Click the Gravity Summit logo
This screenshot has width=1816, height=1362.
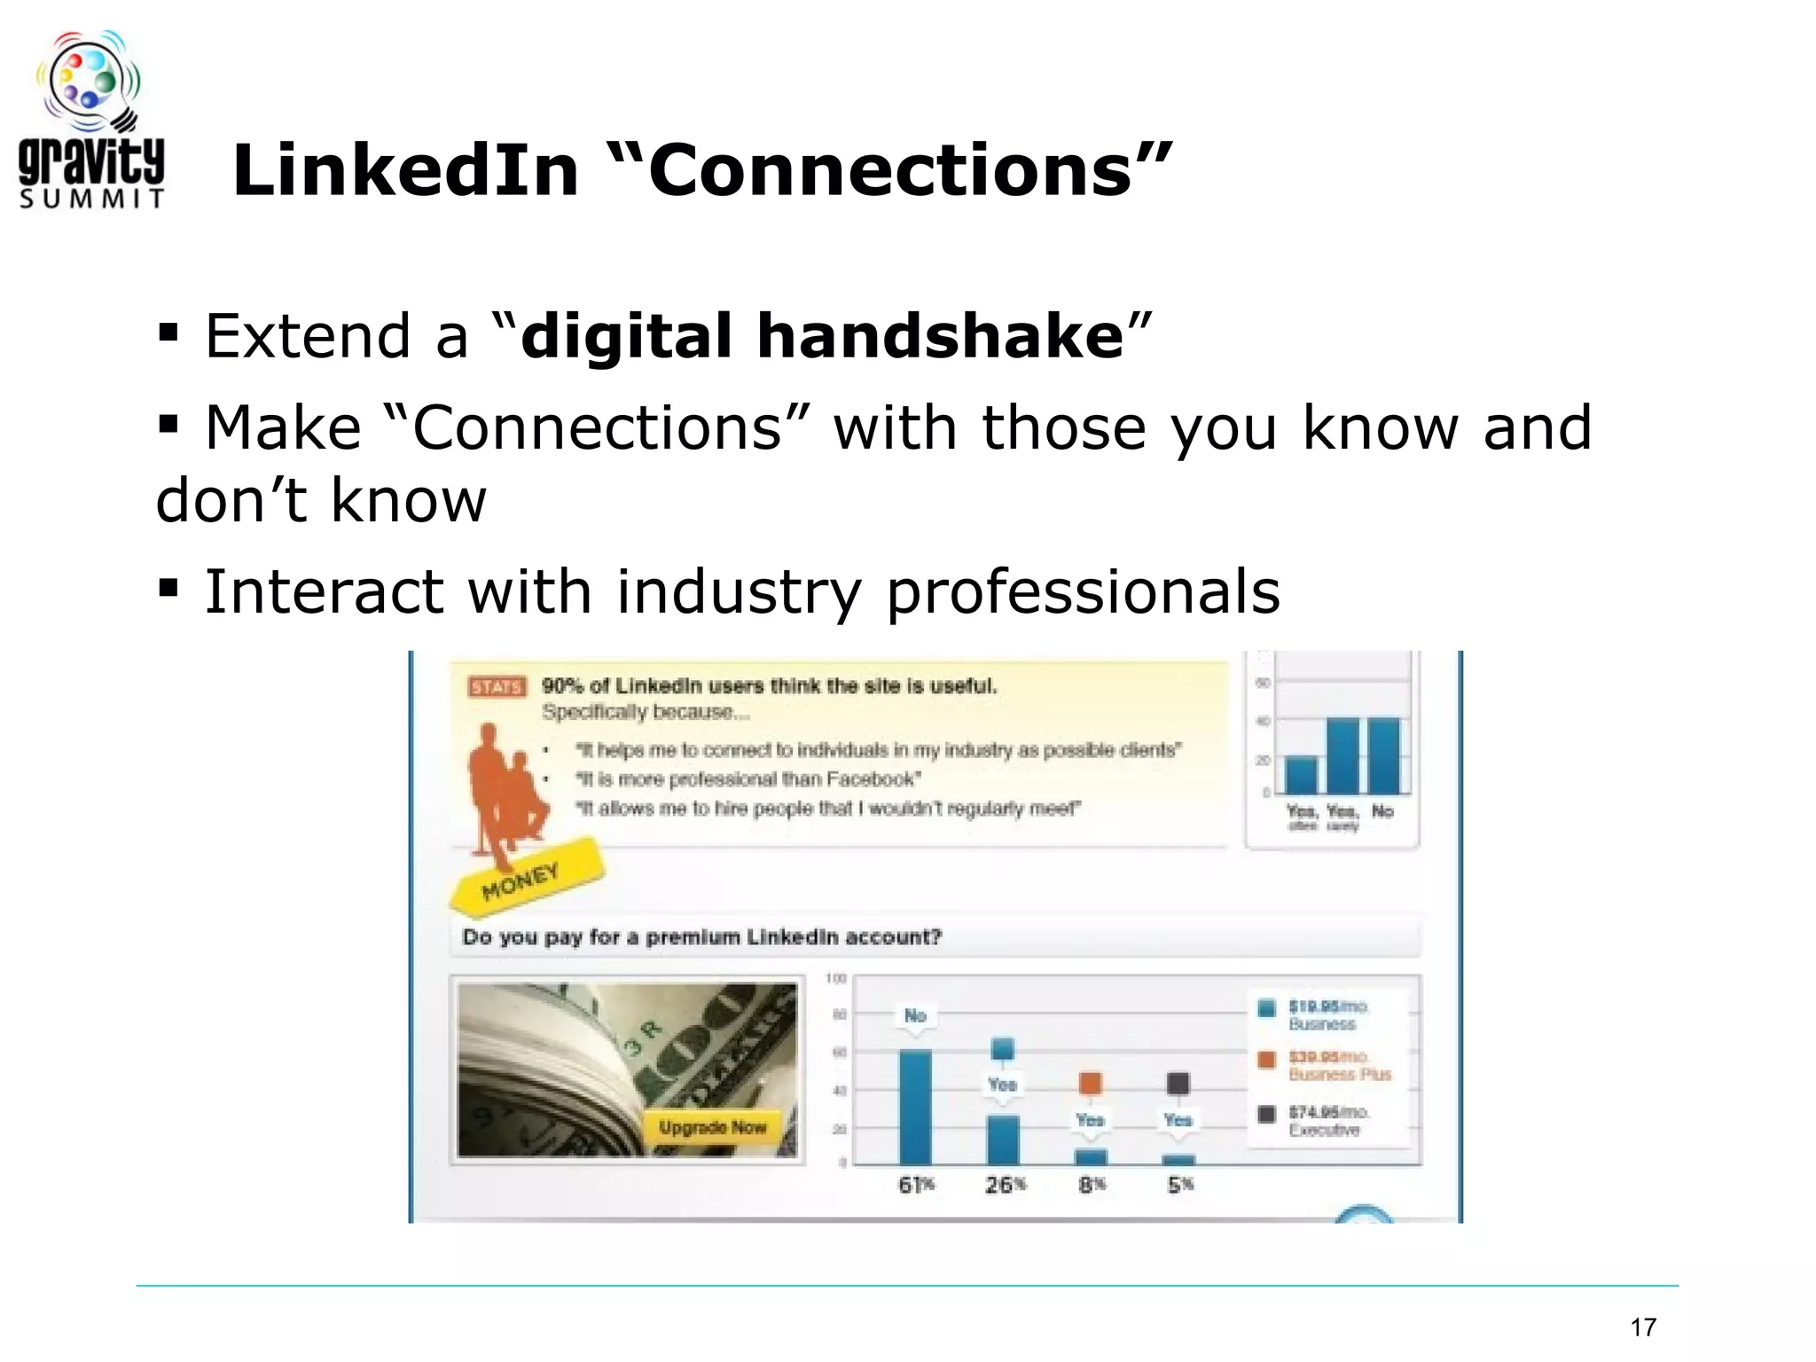click(x=91, y=121)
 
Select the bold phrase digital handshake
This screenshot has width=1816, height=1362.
click(x=822, y=337)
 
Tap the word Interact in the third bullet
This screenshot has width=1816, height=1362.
click(x=323, y=591)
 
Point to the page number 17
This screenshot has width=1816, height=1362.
click(x=1642, y=1327)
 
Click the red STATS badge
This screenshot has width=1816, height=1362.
click(x=497, y=687)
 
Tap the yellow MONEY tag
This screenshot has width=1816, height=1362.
click(x=523, y=878)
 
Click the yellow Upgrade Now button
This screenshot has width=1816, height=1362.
click(x=712, y=1128)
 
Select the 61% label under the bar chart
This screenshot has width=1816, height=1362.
click(x=916, y=1185)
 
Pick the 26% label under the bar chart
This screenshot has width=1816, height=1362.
click(x=1005, y=1185)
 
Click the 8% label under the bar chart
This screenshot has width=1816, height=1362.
click(x=1092, y=1185)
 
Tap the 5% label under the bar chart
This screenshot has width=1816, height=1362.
click(x=1179, y=1185)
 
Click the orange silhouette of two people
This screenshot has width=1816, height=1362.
click(x=505, y=789)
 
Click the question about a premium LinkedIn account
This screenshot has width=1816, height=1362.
click(x=701, y=937)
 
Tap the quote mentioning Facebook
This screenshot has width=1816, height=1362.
click(x=748, y=779)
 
